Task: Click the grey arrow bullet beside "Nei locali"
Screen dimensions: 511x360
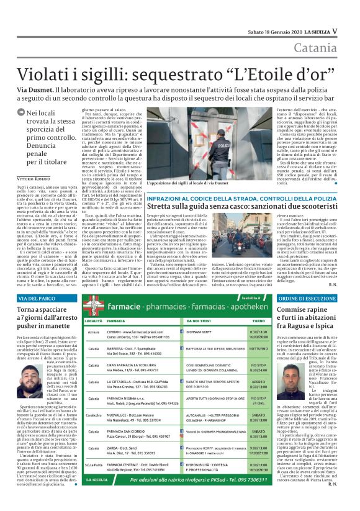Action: (22, 112)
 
